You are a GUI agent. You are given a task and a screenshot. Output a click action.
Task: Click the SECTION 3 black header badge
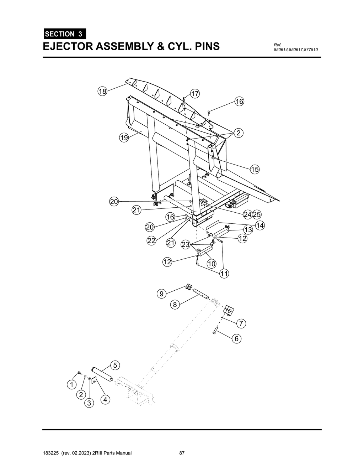64,34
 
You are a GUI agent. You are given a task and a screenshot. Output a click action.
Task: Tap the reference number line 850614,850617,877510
295,49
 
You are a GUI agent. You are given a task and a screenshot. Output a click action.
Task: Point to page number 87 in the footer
182,453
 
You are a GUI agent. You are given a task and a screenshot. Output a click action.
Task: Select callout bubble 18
102,92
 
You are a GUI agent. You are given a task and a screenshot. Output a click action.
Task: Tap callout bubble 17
195,94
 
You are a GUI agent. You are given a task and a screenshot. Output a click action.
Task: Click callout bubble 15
255,169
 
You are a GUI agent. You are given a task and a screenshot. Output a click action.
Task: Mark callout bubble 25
257,214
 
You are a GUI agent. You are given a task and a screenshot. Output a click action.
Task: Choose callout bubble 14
260,225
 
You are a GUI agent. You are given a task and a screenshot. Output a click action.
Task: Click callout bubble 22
151,240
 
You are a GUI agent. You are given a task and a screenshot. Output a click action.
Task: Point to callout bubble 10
212,264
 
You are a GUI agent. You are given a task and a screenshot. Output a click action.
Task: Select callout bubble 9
161,294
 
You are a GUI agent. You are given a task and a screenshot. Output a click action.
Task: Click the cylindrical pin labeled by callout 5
102,374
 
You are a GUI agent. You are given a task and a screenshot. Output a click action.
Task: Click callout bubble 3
89,403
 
